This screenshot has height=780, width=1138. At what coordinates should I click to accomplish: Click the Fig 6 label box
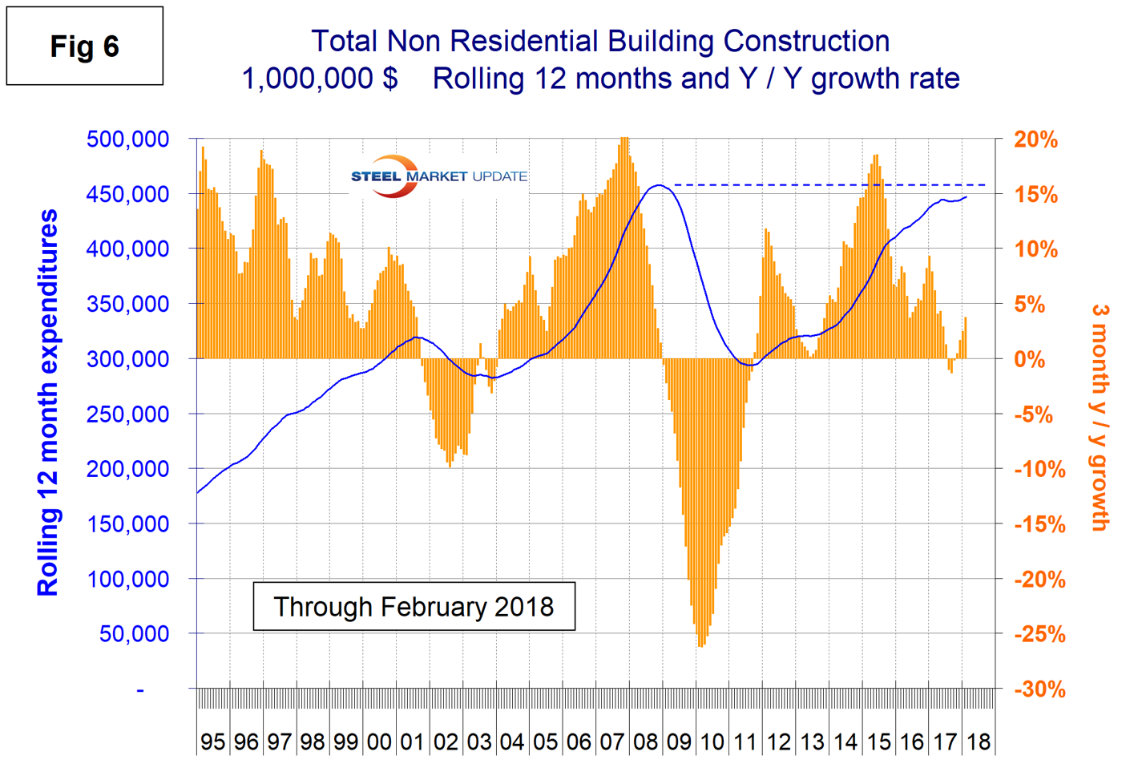[84, 46]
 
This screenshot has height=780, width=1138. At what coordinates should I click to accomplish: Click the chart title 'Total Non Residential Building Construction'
[600, 42]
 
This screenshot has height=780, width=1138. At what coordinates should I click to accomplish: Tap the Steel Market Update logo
[438, 176]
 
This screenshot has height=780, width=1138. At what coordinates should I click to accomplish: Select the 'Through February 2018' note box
[414, 607]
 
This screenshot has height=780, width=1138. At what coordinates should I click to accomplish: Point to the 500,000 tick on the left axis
[127, 139]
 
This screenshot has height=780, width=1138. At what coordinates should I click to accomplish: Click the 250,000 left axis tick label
[127, 414]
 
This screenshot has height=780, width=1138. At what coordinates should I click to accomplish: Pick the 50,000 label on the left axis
[134, 634]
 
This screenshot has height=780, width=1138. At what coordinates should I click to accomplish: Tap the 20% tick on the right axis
[1035, 139]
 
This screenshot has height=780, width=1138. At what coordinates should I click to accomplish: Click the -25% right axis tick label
[1039, 634]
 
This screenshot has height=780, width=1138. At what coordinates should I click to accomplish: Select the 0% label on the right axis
[1029, 360]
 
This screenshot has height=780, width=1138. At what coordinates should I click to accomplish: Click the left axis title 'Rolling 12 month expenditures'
[48, 402]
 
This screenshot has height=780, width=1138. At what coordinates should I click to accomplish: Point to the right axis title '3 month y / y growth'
[1100, 417]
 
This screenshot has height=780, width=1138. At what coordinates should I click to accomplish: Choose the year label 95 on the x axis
[212, 742]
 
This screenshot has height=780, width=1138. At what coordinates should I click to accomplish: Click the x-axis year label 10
[712, 742]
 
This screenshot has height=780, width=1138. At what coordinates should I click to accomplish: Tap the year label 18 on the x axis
[979, 742]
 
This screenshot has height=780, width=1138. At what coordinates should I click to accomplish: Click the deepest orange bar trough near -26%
[701, 641]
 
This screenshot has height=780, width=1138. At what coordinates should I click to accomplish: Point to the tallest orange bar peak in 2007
[624, 141]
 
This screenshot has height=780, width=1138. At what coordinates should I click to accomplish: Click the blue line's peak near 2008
[658, 185]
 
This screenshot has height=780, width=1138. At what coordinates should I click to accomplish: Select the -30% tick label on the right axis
[1039, 689]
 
